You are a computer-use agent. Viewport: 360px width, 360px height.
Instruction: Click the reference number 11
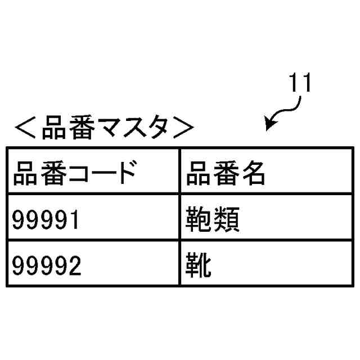tap(300, 84)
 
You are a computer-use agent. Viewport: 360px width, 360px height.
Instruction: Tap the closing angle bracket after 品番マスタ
tap(183, 129)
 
